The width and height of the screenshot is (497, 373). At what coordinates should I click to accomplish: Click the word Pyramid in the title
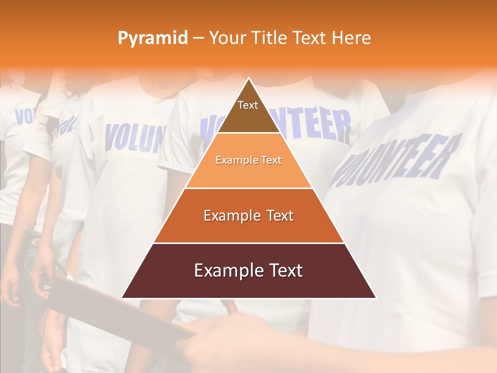152,38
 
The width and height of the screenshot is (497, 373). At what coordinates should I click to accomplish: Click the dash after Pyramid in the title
198,38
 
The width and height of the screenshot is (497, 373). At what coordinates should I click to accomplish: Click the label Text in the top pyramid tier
248,105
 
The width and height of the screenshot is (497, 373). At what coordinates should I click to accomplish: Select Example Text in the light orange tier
248,160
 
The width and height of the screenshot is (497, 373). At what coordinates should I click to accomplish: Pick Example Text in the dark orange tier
248,216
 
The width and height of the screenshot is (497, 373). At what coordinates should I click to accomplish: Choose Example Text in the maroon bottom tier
248,270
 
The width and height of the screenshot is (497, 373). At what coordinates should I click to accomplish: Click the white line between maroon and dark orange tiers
248,243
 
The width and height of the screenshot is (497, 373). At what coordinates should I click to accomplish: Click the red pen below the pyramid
231,307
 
